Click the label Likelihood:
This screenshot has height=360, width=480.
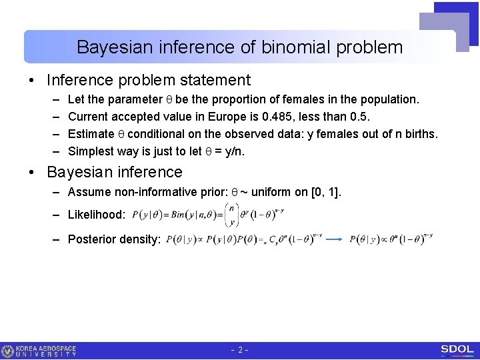tap(97, 215)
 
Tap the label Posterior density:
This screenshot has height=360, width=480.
tap(114, 239)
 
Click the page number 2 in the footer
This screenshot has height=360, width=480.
tap(240, 350)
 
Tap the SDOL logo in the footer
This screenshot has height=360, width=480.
tap(457, 350)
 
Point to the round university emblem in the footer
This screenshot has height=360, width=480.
tap(8, 351)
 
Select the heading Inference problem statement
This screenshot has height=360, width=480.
tap(149, 81)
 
